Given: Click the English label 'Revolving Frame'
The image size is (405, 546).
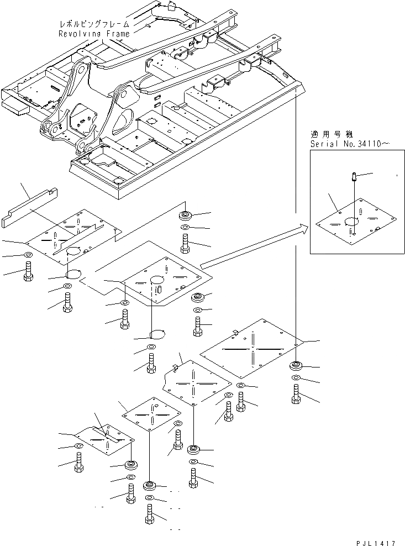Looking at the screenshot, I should [94, 34].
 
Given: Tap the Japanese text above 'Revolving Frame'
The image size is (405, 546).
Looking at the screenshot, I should [94, 24].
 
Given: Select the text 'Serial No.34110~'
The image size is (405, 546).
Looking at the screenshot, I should [350, 144].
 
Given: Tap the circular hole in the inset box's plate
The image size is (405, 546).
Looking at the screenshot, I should [349, 222].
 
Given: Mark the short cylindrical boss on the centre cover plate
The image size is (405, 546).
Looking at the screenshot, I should [158, 289].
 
